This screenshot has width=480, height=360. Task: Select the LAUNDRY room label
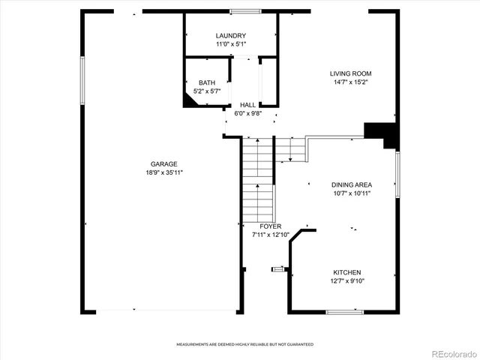coord(230,36)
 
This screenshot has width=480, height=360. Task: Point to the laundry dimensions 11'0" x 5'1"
coord(230,45)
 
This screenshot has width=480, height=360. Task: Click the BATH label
coord(207,82)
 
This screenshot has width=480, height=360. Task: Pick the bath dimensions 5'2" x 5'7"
coord(207,91)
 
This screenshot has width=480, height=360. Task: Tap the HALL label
coord(247,105)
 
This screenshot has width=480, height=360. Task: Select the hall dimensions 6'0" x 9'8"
coord(247,114)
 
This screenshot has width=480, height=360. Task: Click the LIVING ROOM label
coord(351,73)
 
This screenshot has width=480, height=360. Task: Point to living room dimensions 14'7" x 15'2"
coord(351,82)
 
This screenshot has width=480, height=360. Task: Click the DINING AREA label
coord(352,184)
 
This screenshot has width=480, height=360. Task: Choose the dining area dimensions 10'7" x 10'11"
coord(352,193)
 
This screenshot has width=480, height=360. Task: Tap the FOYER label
coord(270,226)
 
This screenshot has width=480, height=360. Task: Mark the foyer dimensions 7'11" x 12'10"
coord(270,235)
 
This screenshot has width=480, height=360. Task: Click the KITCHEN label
coord(348,272)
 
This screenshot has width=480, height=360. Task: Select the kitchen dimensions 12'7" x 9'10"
coord(348,281)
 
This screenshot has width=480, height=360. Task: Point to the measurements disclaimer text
coord(245,344)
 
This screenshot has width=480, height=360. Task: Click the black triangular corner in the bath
coord(192,101)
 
